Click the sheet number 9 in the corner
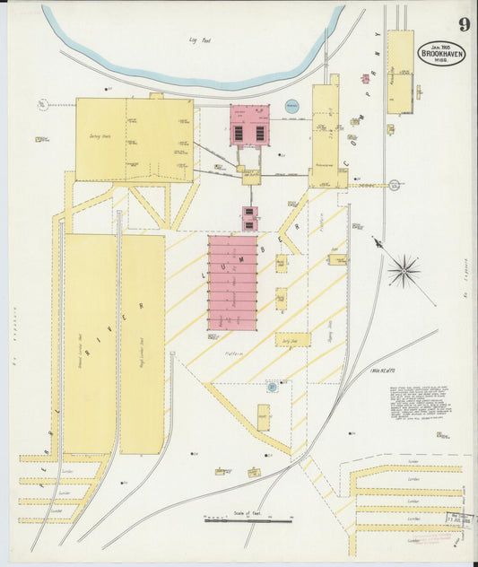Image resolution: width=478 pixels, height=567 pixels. pos(464,24)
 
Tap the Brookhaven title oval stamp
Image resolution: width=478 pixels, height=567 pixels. pos(441,53)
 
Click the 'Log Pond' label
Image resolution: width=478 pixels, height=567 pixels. pos(199,40)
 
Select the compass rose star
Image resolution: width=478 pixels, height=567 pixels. pos(404,269)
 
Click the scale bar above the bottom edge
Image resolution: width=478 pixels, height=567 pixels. pos(248,519)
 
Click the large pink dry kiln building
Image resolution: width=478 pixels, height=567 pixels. pos(232,283)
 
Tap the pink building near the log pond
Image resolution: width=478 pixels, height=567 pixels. pos(249,126)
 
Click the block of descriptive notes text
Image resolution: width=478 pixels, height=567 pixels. pos(419,403)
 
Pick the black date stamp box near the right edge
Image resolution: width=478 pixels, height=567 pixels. pos(460,519)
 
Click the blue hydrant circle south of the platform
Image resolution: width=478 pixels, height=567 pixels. pos(271,388)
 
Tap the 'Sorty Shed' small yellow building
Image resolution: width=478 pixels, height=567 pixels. pos(293,340)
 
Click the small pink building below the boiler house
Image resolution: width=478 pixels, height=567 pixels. pos(249,218)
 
